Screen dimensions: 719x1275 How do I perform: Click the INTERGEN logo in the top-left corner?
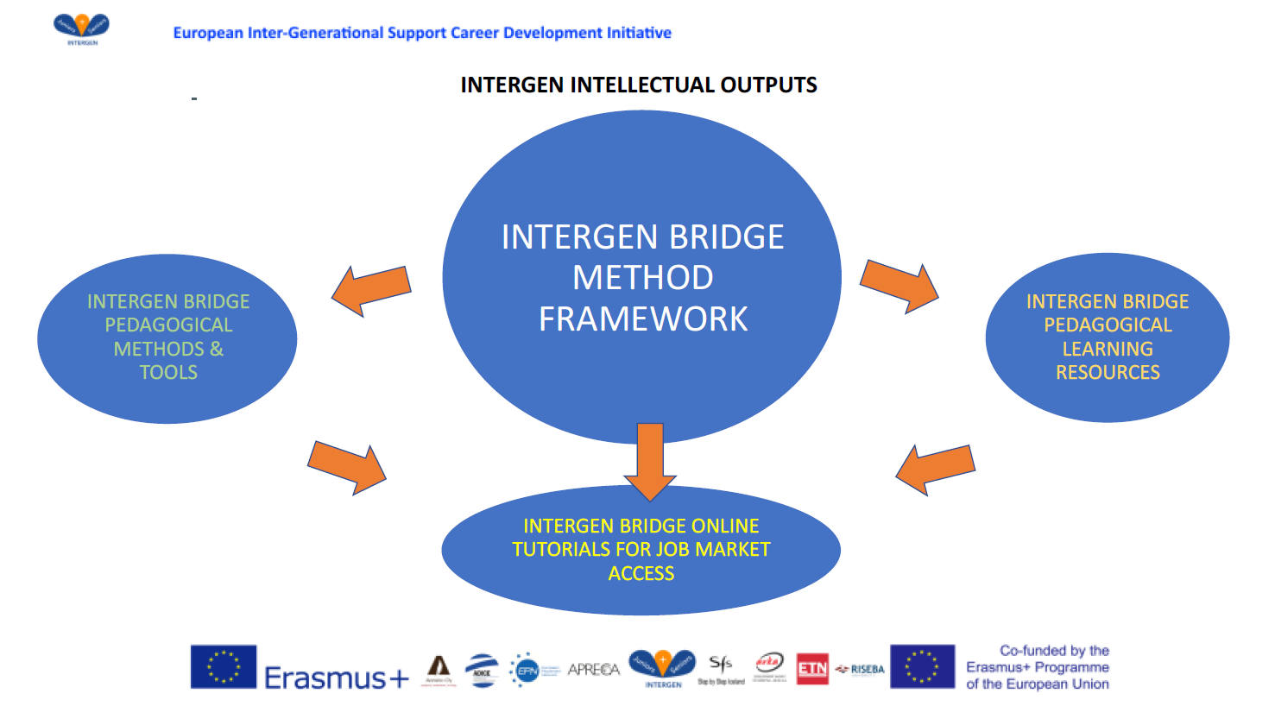[x=81, y=28]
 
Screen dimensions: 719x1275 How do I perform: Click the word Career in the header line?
[x=475, y=33]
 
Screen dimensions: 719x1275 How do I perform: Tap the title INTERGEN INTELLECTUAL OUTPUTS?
[x=639, y=85]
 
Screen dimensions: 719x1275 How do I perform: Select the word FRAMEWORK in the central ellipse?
[x=643, y=319]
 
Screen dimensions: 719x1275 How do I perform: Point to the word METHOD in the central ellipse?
[x=643, y=278]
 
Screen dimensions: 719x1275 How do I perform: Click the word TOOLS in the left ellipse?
[x=168, y=373]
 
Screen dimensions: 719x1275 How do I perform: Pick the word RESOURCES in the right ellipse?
[x=1108, y=373]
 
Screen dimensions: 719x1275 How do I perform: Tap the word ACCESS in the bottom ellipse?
[x=641, y=574]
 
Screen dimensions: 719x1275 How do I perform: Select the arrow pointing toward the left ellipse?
[x=371, y=290]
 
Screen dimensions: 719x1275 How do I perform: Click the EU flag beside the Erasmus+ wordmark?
[x=224, y=666]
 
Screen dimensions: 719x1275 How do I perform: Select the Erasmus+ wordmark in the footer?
[x=337, y=678]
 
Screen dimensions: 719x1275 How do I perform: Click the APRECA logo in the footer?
[x=594, y=670]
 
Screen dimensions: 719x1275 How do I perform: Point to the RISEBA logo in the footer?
[x=861, y=669]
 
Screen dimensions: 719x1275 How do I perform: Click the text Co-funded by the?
[x=1054, y=651]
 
